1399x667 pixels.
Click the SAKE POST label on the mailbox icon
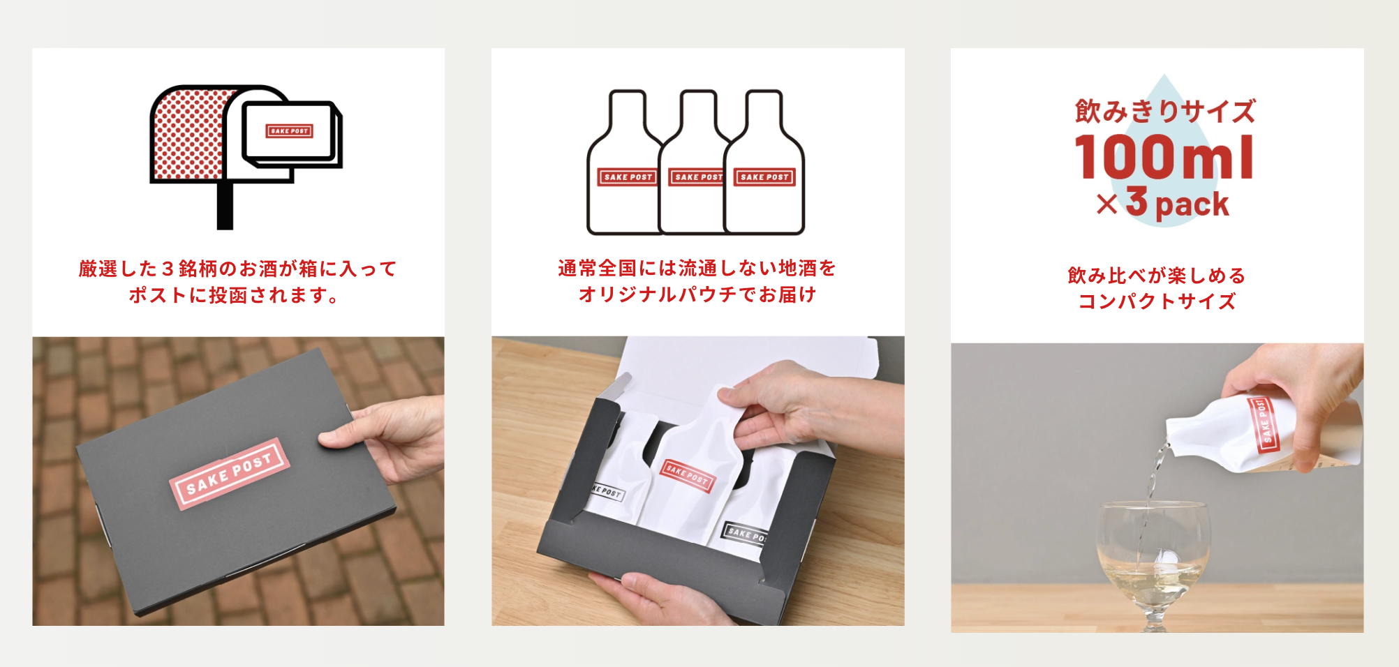(289, 130)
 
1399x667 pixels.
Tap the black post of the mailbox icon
(225, 206)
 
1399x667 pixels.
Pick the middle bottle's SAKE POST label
(696, 177)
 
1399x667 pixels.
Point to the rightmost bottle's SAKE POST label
(764, 177)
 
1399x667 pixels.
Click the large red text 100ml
(1164, 157)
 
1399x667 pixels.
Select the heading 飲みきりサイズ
(1164, 111)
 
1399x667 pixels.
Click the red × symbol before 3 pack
(1107, 204)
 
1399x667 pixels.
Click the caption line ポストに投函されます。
(234, 295)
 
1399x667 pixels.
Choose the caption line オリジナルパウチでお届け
(697, 294)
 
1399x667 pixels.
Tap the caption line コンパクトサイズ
(1157, 301)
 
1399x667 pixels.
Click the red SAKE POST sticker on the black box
(229, 473)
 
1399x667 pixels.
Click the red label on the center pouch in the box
(688, 476)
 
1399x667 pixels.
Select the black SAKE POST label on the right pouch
(744, 533)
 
